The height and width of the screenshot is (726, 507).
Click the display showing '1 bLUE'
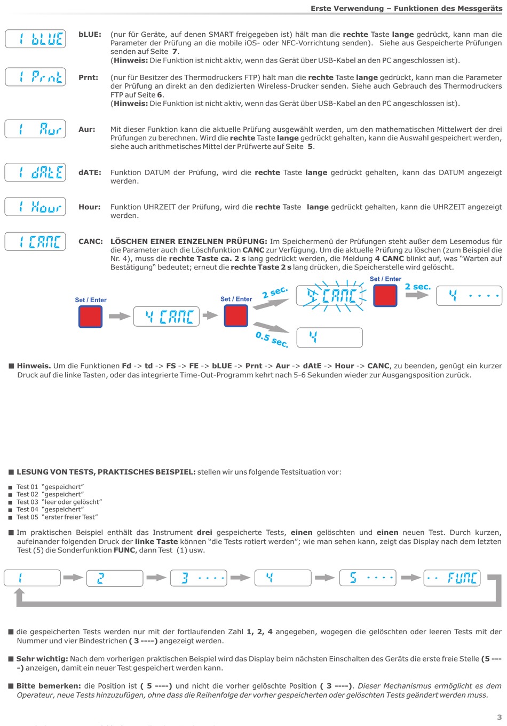click(35, 38)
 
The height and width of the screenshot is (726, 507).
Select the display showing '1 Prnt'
click(35, 77)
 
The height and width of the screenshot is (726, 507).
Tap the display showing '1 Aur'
click(35, 129)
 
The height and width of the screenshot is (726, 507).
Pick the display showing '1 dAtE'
click(35, 172)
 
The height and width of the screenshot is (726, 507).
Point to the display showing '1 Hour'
click(35, 207)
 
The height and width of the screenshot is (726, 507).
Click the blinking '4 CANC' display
click(329, 295)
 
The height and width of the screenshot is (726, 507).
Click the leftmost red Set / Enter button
click(90, 317)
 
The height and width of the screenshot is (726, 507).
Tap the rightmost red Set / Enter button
click(385, 295)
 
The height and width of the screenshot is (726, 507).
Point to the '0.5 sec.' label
click(272, 339)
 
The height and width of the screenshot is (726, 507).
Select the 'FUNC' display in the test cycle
click(452, 578)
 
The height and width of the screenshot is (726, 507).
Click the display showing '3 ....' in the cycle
click(199, 578)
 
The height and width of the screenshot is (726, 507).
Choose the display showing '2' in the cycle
click(115, 578)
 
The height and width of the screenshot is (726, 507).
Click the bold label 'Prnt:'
click(88, 77)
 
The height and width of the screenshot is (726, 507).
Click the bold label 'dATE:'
click(90, 172)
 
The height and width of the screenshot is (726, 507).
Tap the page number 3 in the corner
click(499, 717)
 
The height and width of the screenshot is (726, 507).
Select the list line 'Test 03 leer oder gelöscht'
click(59, 502)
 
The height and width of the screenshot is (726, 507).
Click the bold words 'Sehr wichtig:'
click(42, 659)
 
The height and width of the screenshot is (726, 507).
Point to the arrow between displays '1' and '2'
click(73, 577)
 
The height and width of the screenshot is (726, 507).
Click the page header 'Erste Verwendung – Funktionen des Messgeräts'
click(406, 9)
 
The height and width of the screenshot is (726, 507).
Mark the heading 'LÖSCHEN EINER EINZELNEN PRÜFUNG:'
click(189, 241)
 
